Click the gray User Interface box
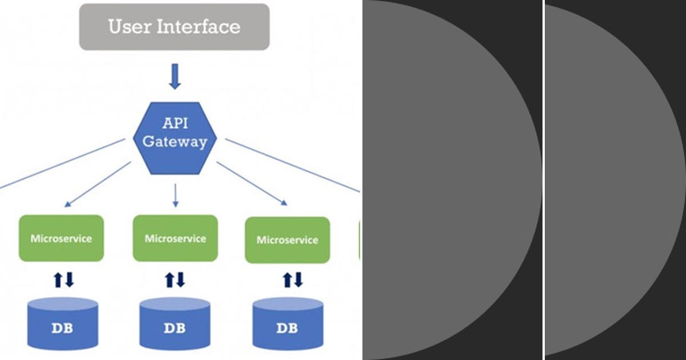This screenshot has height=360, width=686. [x=174, y=27]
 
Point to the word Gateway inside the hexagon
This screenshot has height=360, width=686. [x=174, y=142]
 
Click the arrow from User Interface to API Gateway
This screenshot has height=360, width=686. [x=175, y=77]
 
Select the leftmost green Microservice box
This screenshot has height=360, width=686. [x=61, y=238]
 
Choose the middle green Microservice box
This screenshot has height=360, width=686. [x=175, y=238]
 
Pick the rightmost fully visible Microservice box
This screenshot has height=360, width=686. [x=287, y=240]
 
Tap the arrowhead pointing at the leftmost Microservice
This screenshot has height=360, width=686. [x=67, y=203]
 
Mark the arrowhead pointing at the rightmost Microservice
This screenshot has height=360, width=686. [x=284, y=201]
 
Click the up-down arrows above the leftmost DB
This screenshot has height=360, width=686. [x=63, y=280]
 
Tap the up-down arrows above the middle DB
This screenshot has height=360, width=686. [x=176, y=280]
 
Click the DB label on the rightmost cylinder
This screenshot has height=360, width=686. [x=287, y=329]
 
